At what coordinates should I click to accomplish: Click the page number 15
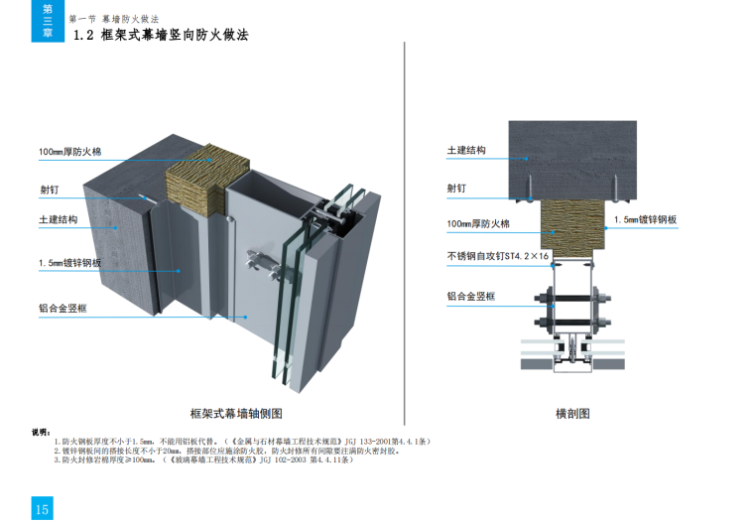[42, 508]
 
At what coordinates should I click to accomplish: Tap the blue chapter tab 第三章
[46, 21]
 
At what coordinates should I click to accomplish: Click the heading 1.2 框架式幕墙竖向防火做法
[161, 35]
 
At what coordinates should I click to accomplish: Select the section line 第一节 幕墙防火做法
[114, 19]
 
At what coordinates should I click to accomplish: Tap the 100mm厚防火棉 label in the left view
[69, 152]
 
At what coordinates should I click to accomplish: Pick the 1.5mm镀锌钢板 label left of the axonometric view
[69, 262]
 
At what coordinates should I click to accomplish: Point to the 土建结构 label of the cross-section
[466, 150]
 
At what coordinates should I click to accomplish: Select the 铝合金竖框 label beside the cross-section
[471, 296]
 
